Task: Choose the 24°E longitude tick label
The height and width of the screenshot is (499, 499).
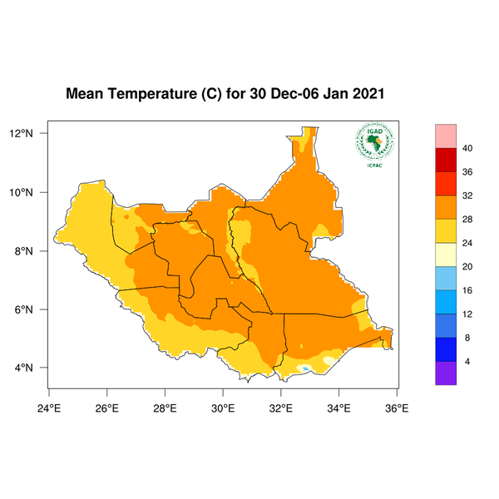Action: (49, 408)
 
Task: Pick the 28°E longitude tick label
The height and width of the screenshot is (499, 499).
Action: (165, 408)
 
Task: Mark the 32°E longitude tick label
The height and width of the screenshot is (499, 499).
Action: (280, 408)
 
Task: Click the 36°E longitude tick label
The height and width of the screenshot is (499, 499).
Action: (396, 408)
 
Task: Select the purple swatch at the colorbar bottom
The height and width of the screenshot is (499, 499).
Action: (447, 373)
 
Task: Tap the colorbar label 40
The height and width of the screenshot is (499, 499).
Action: (467, 148)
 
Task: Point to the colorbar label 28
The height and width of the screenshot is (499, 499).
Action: (467, 220)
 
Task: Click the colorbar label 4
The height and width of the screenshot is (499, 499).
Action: (467, 362)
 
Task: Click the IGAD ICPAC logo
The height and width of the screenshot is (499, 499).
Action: (374, 146)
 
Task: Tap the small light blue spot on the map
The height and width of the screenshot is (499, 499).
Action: (307, 368)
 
